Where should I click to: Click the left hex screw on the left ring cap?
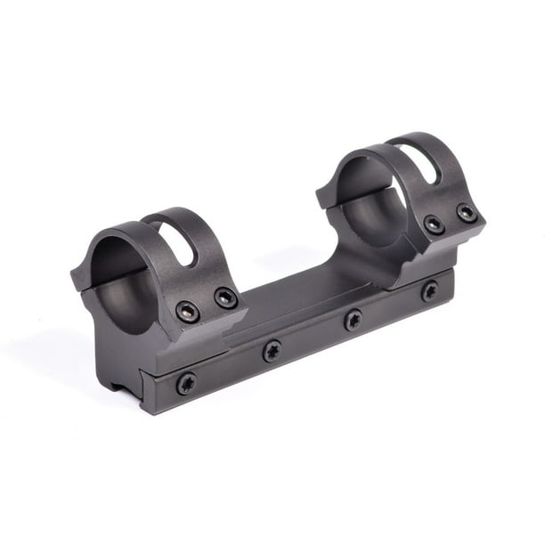click(188, 311)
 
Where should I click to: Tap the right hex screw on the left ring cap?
click(226, 298)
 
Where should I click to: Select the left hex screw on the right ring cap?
click(434, 224)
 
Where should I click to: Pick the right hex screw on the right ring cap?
click(467, 213)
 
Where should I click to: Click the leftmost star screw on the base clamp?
click(186, 383)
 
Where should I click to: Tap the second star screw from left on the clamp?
click(272, 351)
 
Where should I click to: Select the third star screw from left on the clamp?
click(354, 319)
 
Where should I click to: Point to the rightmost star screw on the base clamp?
click(429, 290)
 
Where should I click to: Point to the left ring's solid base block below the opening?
click(125, 352)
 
